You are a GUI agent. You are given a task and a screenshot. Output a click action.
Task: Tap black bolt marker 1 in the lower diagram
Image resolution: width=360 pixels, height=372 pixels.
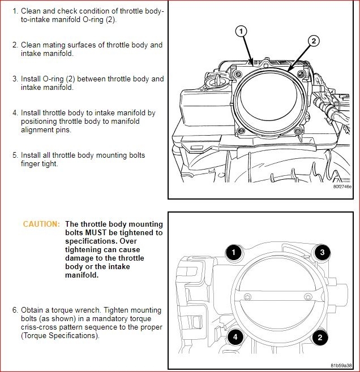[233, 252]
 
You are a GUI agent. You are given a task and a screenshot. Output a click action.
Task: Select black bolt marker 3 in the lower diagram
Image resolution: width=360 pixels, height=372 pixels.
[322, 252]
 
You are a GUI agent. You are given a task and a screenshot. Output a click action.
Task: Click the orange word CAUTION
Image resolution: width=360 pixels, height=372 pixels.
[41, 224]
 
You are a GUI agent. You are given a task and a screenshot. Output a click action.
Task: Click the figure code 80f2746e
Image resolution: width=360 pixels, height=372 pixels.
[342, 187]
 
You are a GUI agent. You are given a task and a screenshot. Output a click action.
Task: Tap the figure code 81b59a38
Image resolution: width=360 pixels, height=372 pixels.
[342, 364]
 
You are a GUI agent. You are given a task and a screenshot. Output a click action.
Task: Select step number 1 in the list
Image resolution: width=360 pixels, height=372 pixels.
[15, 11]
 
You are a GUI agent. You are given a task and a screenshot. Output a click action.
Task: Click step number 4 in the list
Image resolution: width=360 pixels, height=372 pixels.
[15, 113]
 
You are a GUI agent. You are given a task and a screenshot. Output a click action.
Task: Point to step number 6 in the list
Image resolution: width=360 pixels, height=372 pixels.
[15, 310]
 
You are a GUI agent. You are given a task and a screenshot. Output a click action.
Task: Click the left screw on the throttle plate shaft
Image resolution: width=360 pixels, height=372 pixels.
[247, 297]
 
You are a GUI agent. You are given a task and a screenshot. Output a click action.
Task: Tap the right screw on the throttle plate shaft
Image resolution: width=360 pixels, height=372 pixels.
[308, 297]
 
